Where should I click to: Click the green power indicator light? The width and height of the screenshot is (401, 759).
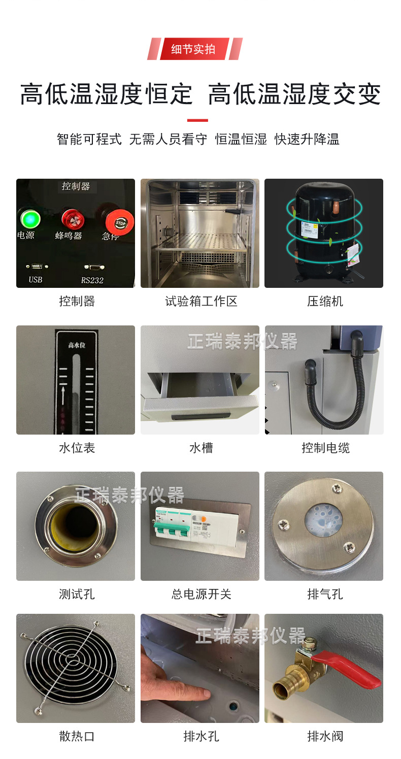point(30,219)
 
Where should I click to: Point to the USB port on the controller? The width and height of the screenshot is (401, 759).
point(36,266)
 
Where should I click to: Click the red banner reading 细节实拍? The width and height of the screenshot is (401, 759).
point(193,49)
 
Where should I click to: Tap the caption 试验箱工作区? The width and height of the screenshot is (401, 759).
point(201,302)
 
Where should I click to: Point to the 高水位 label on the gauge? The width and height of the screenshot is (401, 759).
point(76,345)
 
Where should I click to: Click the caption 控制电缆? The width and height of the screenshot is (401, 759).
point(325,448)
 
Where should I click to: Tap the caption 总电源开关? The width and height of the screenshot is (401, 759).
point(201,595)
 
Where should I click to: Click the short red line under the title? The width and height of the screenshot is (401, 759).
point(197,120)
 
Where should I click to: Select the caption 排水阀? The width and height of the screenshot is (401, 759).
point(325,736)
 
